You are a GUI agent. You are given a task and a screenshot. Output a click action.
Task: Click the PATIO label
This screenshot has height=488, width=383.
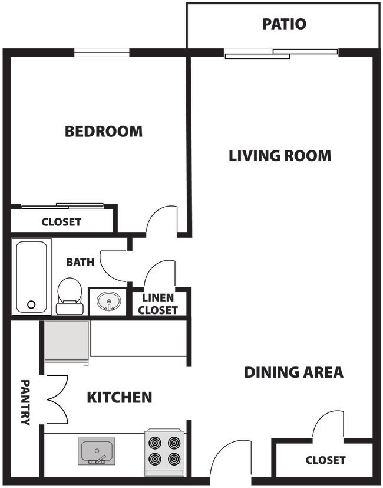coord(284,24)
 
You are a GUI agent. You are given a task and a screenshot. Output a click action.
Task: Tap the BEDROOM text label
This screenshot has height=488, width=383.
coord(104,131)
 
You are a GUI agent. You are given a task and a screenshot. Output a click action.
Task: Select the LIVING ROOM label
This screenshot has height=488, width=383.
coord(280,156)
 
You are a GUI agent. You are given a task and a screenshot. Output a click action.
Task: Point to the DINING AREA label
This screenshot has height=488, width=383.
coord(293,372)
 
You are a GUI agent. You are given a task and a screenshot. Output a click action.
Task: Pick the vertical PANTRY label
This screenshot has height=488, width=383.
coord(25,402)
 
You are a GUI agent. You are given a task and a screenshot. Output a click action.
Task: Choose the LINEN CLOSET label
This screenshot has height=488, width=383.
coord(159,304)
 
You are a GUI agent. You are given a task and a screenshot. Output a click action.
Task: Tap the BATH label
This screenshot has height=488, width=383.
coord(80,262)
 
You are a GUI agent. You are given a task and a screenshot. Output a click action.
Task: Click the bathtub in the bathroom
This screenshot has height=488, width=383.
coord(31,276)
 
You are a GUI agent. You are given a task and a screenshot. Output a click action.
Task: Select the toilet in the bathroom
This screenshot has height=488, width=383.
coord(70,296)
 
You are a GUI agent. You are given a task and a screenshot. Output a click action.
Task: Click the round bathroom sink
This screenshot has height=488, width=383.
coord(108,302)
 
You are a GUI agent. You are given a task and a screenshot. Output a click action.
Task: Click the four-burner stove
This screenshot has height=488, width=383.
coord(164,451)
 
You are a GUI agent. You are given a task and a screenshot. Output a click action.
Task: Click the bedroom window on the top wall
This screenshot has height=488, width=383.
coord(101,53)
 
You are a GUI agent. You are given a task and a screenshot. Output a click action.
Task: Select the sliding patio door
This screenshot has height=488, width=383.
coord(281,54)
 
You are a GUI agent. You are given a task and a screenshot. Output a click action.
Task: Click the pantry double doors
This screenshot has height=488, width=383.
coord(57,399)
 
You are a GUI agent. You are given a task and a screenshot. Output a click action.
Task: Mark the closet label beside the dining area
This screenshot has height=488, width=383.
coord(325,460)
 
